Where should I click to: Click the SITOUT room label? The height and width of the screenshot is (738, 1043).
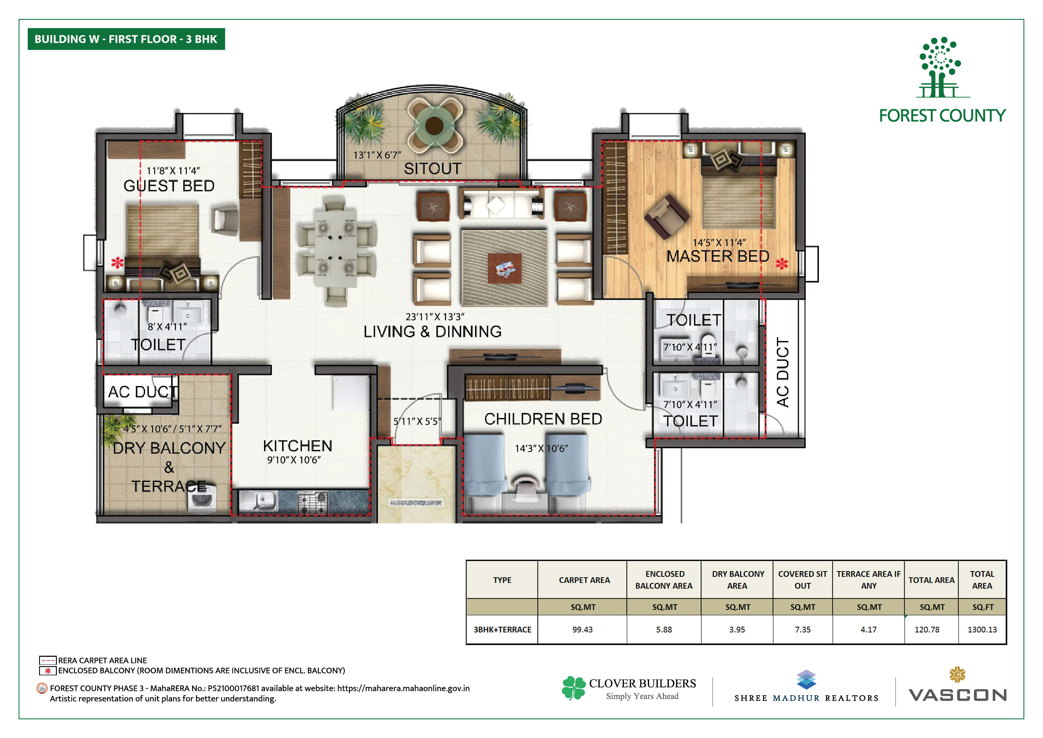(433, 169)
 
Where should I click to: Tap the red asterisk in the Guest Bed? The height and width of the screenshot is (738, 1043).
(117, 262)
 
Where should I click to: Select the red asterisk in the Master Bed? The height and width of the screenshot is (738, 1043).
(782, 264)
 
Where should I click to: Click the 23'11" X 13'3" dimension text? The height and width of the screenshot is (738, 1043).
(435, 316)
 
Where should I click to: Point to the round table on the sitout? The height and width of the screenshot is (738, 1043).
(434, 125)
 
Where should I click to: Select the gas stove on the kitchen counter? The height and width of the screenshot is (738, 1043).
(312, 502)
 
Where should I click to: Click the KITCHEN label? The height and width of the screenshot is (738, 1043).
(298, 446)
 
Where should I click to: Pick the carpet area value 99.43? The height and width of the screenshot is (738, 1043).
(582, 630)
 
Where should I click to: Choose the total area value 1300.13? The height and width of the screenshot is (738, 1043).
(982, 630)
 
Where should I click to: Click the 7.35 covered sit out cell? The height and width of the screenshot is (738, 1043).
(803, 630)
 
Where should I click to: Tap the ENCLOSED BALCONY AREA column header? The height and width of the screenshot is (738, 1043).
(664, 580)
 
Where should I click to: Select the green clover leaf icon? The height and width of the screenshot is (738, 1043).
(574, 688)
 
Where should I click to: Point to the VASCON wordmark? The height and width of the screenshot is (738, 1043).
(958, 695)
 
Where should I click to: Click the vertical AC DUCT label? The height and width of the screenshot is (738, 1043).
(782, 372)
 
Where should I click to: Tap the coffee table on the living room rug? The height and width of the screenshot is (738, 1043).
(505, 268)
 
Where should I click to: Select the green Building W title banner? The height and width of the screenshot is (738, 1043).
(126, 39)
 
